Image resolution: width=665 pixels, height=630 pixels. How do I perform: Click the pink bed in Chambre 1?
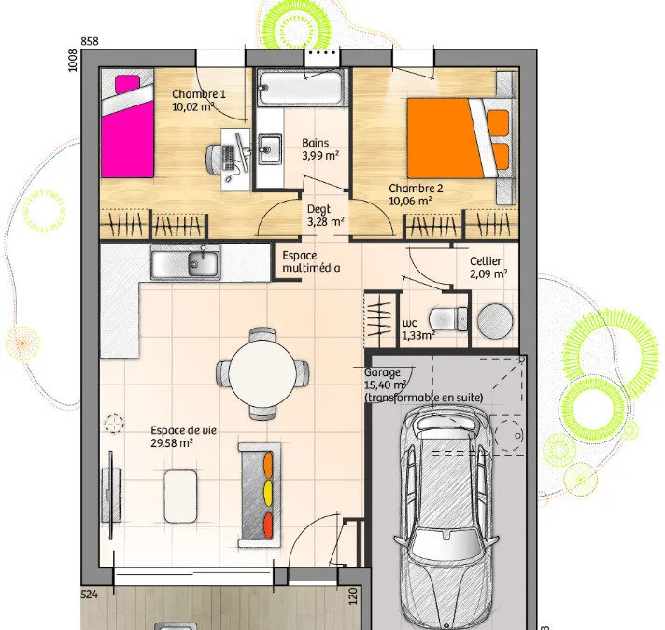[x=127, y=126]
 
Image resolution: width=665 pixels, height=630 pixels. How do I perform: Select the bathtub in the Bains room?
[x=301, y=89]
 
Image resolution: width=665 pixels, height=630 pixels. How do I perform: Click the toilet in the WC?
[x=448, y=319]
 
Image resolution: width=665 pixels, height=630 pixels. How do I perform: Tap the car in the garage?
[x=446, y=518]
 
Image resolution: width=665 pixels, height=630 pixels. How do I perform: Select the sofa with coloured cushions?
[x=259, y=496]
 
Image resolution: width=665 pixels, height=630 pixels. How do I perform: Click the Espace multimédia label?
[x=311, y=261]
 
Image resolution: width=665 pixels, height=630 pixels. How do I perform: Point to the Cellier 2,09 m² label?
[x=488, y=267]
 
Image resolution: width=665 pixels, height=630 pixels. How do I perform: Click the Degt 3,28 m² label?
[x=325, y=216]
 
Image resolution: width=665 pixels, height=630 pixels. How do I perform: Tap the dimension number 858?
[x=90, y=41]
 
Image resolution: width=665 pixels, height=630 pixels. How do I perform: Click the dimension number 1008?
[x=73, y=61]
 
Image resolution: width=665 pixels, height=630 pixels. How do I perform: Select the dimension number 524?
[x=90, y=595]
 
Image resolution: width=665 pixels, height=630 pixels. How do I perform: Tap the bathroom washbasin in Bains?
[x=270, y=148]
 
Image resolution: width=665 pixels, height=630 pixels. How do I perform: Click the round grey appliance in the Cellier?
[x=495, y=320]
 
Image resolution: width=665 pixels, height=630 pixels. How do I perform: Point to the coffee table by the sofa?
[x=180, y=497]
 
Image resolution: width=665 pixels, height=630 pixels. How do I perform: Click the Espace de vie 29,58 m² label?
[x=183, y=437]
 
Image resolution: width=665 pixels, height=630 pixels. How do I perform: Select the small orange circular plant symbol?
[x=22, y=343]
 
